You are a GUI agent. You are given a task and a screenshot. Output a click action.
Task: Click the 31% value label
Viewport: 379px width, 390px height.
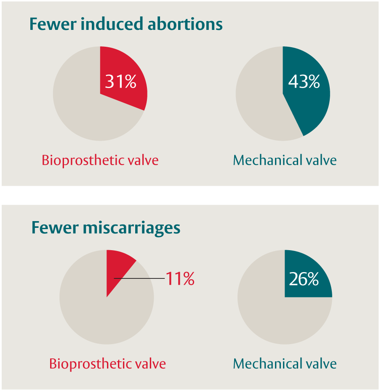tap(120, 81)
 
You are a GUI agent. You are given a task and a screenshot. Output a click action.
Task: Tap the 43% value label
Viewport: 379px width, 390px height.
tap(304, 82)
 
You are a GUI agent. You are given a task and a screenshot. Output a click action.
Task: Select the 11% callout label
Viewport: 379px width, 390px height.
tap(180, 279)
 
